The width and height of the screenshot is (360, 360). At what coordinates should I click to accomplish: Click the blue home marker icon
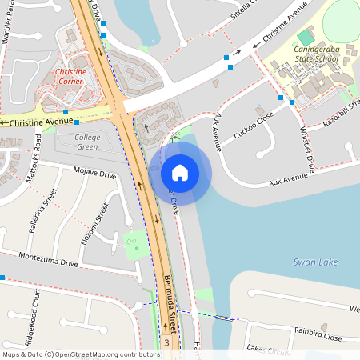(x=180, y=172)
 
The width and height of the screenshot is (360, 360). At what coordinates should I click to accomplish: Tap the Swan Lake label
(x=314, y=262)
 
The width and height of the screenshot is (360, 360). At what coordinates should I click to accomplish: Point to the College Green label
(x=87, y=142)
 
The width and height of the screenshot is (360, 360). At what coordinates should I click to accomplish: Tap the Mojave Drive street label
(x=94, y=171)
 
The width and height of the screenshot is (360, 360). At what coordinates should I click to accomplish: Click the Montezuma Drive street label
(x=49, y=262)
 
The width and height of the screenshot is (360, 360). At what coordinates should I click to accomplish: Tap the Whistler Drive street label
(x=304, y=145)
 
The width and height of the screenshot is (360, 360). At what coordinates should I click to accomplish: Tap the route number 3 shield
(x=166, y=342)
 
